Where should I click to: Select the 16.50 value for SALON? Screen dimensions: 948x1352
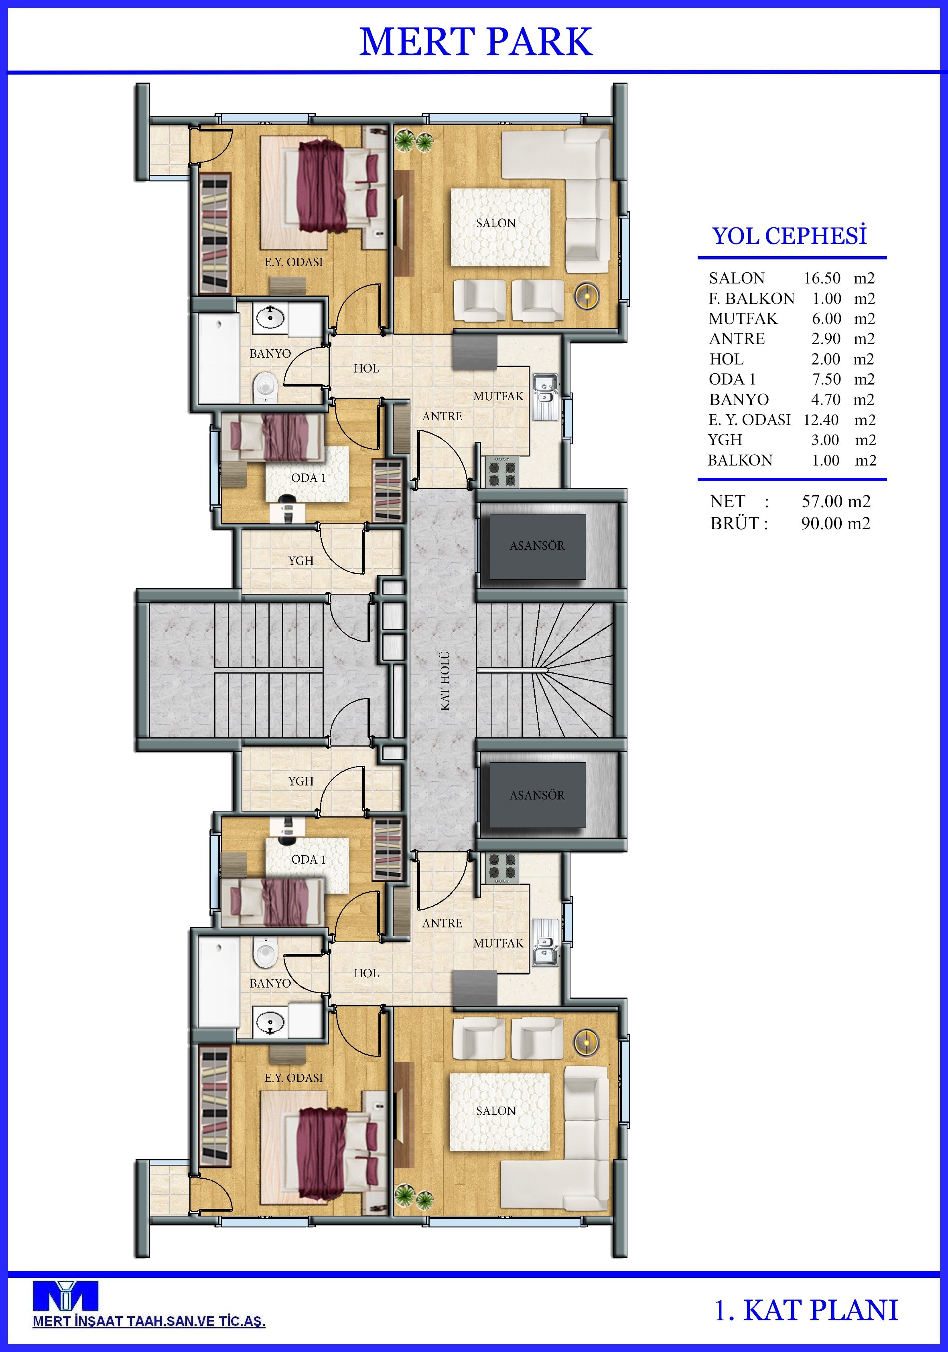coord(822,278)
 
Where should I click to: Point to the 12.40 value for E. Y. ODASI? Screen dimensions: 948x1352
coord(821,420)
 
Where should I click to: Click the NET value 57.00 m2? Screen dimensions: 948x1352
coord(835,501)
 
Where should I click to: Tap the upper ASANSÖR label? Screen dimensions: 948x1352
coord(537,546)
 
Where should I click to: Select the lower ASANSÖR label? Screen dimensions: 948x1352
coord(537,795)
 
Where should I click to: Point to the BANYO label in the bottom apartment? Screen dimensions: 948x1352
coord(270,984)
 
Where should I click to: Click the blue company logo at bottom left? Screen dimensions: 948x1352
coord(65,1296)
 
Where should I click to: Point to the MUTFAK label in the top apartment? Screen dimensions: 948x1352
coord(498,396)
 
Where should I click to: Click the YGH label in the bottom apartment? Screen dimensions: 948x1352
coord(300,781)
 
